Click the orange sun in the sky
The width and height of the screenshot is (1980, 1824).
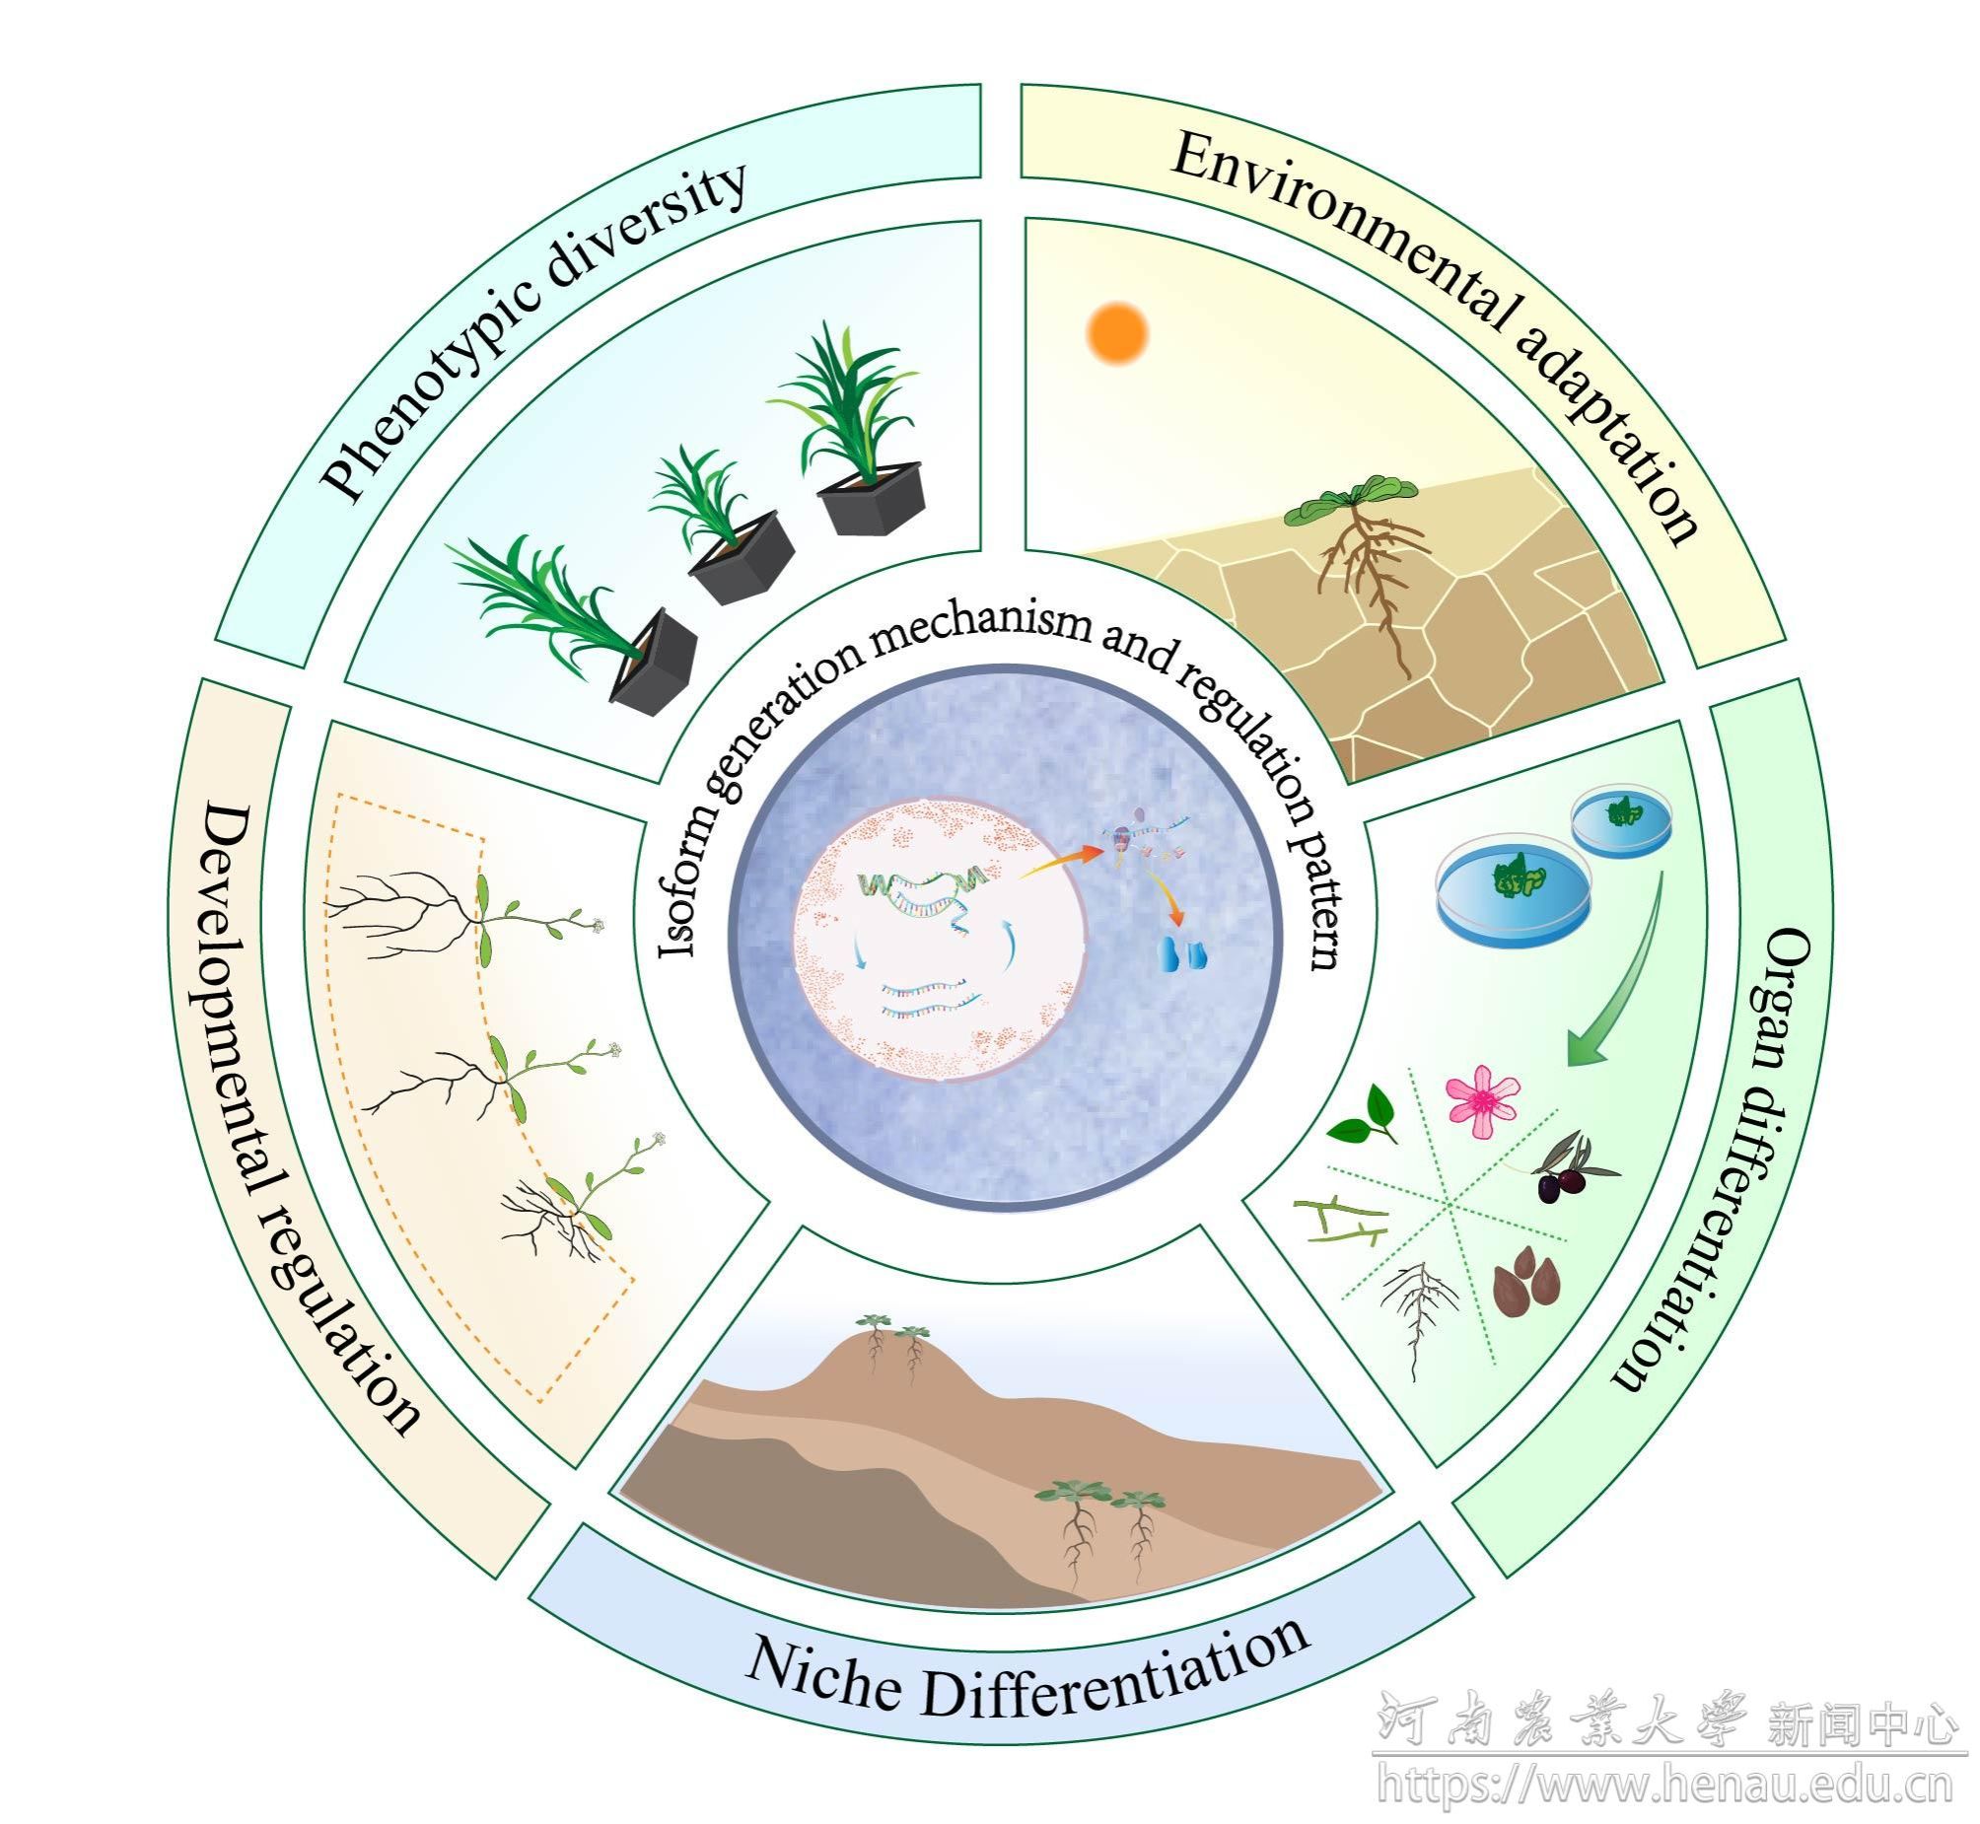pos(1116,333)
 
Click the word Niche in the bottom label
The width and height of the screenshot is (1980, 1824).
pos(821,1677)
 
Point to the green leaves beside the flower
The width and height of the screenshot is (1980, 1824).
pos(1363,1116)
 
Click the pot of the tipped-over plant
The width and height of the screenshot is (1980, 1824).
pos(653,662)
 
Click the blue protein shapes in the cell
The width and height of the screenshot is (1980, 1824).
pos(1182,954)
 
